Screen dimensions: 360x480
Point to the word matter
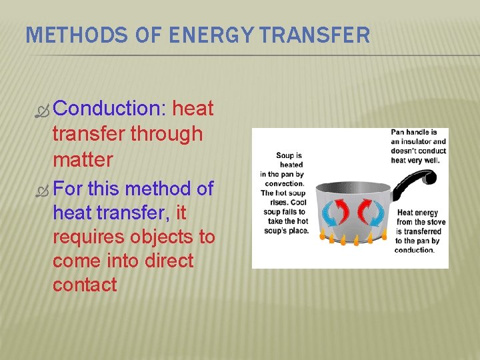pos(83,160)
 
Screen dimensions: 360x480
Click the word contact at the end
pos(85,285)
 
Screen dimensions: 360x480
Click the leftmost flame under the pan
pos(324,236)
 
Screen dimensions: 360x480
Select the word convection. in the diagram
pos(285,183)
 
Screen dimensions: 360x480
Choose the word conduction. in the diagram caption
pos(415,250)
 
